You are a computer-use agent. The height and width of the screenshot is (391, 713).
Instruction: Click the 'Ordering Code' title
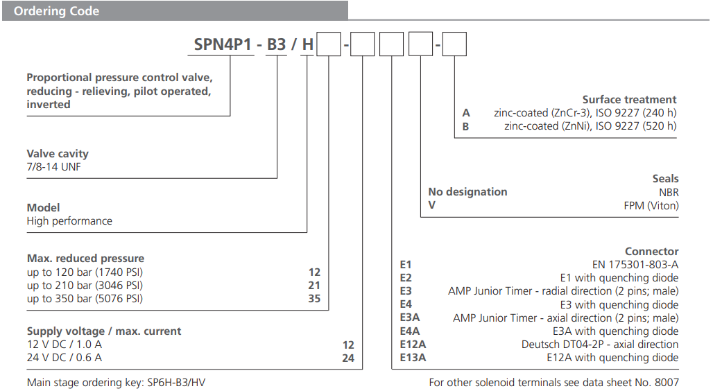click(57, 11)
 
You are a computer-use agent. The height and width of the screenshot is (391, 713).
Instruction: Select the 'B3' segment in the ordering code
click(277, 45)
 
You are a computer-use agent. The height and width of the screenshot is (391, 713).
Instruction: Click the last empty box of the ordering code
click(454, 45)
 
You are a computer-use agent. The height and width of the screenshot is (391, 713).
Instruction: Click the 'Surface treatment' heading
click(629, 99)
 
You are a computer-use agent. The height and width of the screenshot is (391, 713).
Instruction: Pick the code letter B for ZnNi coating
click(466, 126)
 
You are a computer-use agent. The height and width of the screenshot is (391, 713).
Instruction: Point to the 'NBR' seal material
click(669, 192)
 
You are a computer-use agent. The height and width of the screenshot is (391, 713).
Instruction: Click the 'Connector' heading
click(651, 252)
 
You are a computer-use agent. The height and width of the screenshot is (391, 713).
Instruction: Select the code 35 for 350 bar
click(314, 299)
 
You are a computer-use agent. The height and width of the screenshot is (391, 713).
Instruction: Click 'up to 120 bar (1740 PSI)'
click(85, 272)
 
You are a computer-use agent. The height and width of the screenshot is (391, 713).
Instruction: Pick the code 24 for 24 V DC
click(347, 358)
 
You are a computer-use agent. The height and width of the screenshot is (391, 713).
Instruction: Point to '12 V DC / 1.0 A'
click(65, 345)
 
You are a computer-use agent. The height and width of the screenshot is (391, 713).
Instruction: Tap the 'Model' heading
click(43, 207)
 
